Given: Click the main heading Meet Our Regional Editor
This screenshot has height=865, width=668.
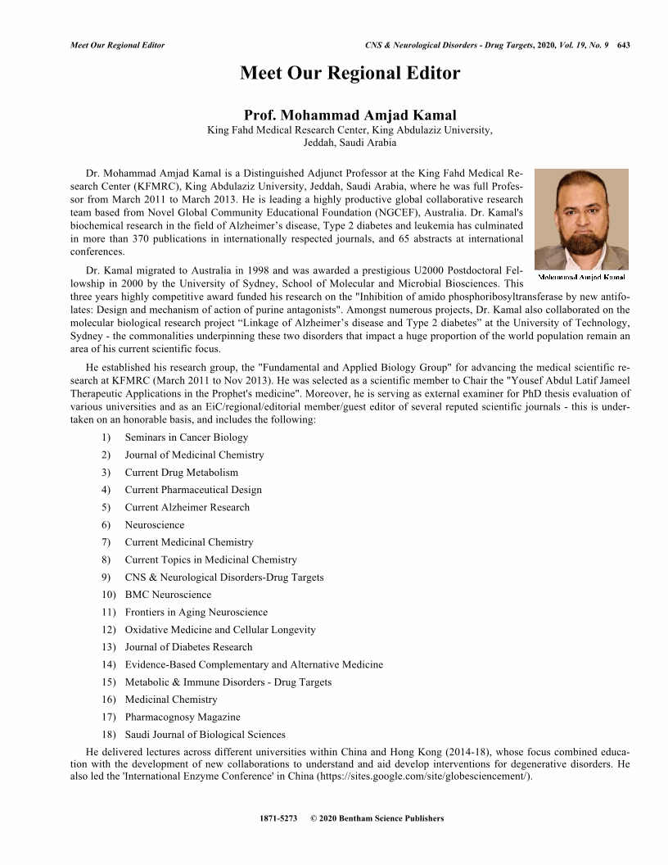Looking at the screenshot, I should (350, 74).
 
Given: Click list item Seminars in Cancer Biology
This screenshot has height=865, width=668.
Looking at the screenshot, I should (186, 437).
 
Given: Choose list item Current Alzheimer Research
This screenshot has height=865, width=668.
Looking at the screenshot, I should (187, 507).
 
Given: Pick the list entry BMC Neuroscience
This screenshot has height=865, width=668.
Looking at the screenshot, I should (168, 595).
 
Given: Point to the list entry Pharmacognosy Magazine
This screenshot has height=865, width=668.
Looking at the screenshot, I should (183, 717).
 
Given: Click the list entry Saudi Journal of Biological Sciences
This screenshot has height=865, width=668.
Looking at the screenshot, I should (205, 734).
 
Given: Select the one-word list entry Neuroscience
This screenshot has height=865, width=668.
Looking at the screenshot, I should (154, 525).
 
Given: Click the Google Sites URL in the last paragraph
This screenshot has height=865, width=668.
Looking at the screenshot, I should (418, 777).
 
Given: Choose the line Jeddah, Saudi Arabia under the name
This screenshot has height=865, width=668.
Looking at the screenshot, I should (350, 142).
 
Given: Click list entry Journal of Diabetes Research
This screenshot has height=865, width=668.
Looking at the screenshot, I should (188, 647).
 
